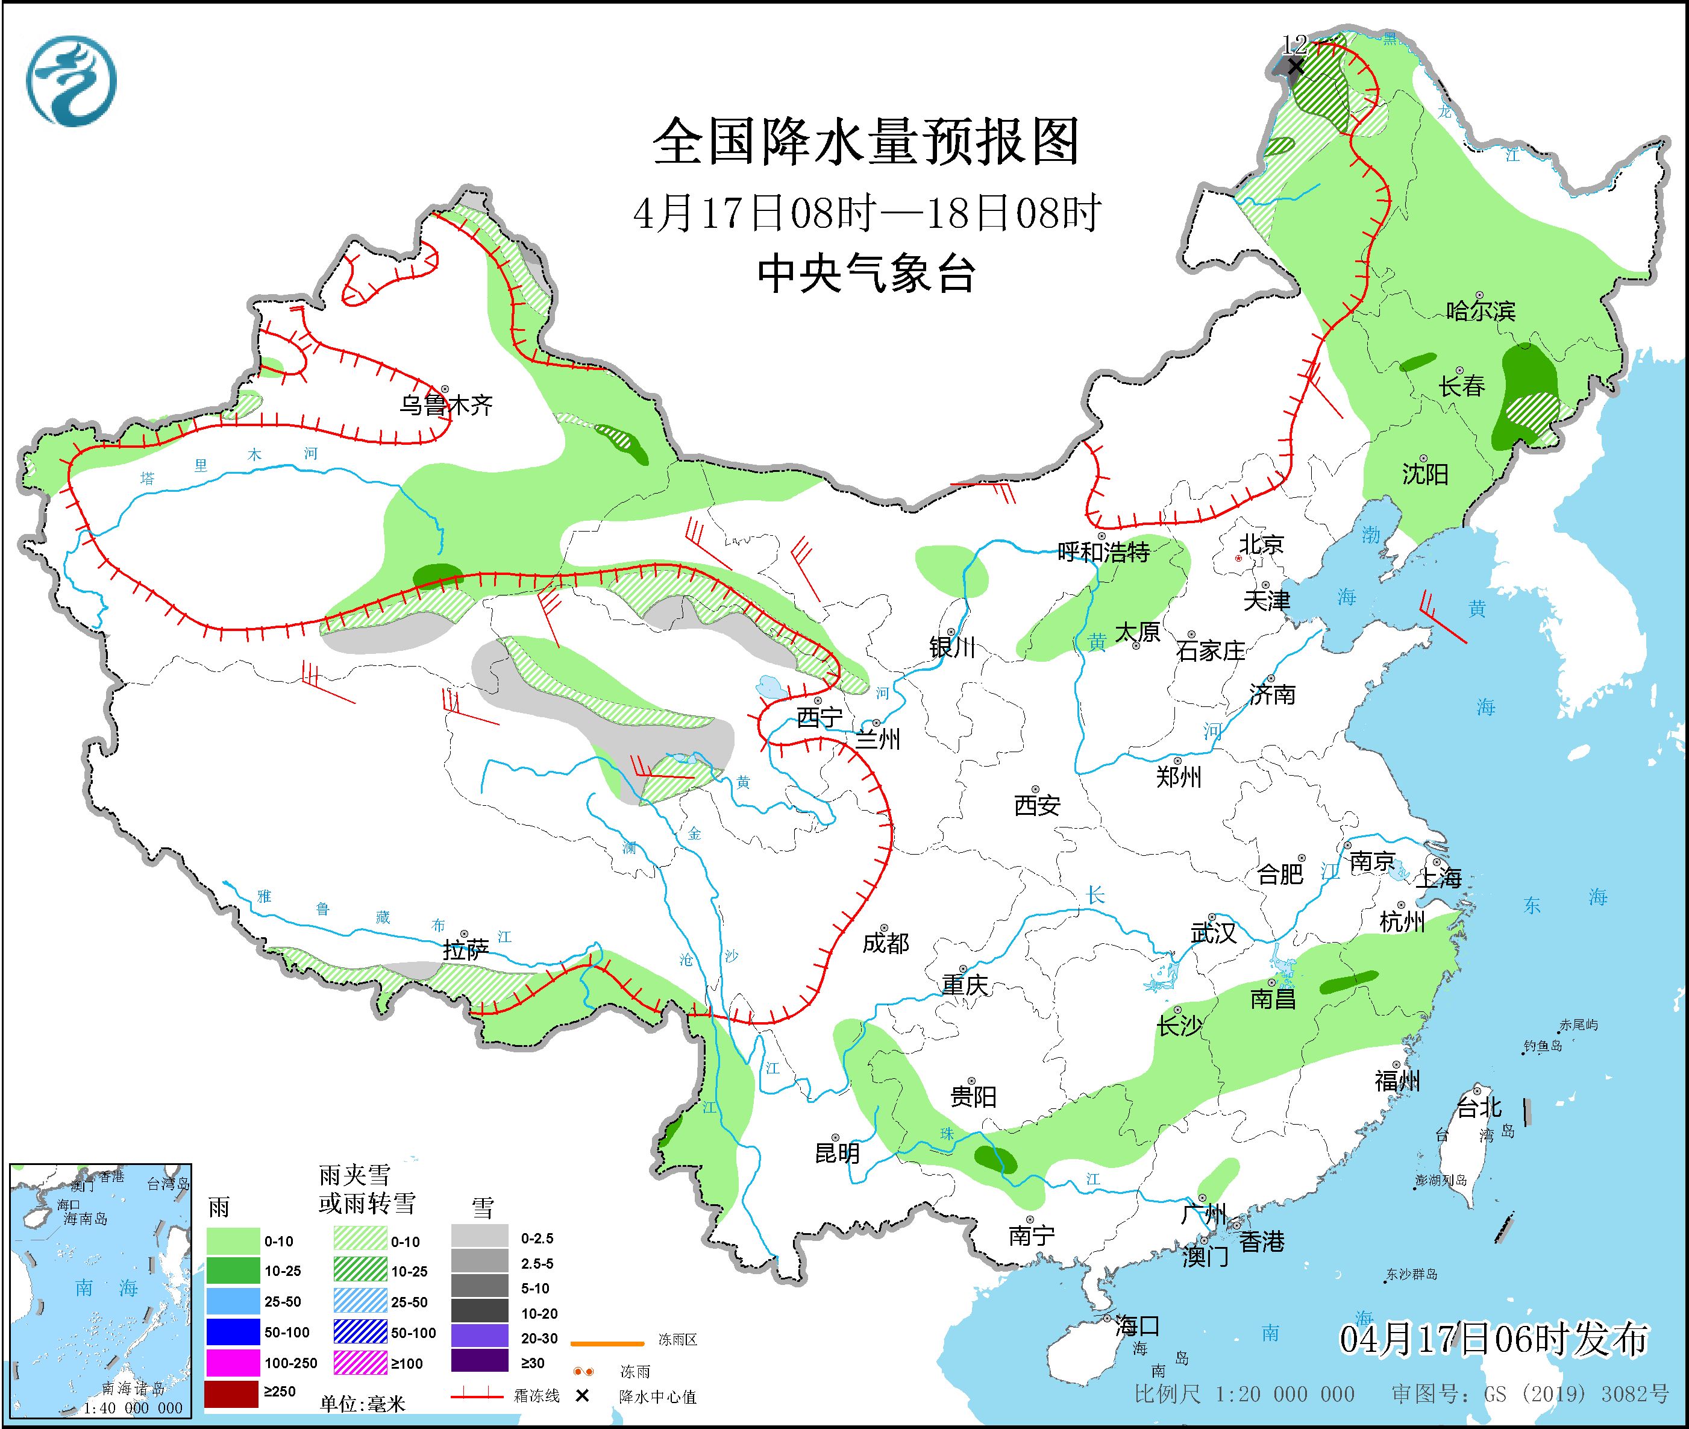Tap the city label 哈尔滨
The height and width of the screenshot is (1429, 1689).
[1481, 311]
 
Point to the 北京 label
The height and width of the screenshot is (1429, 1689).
[1261, 544]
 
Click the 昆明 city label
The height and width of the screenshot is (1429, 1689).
[837, 1153]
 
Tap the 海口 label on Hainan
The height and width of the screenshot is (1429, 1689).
[1137, 1326]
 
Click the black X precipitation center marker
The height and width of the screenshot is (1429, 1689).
[1296, 66]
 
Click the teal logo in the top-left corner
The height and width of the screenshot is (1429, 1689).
[71, 81]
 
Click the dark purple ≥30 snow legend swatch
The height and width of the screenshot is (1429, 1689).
[480, 1363]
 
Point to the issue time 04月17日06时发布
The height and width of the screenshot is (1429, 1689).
[1493, 1340]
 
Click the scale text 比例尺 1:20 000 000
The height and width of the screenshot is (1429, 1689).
[1244, 1394]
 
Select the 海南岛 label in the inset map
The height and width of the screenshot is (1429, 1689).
[85, 1219]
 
